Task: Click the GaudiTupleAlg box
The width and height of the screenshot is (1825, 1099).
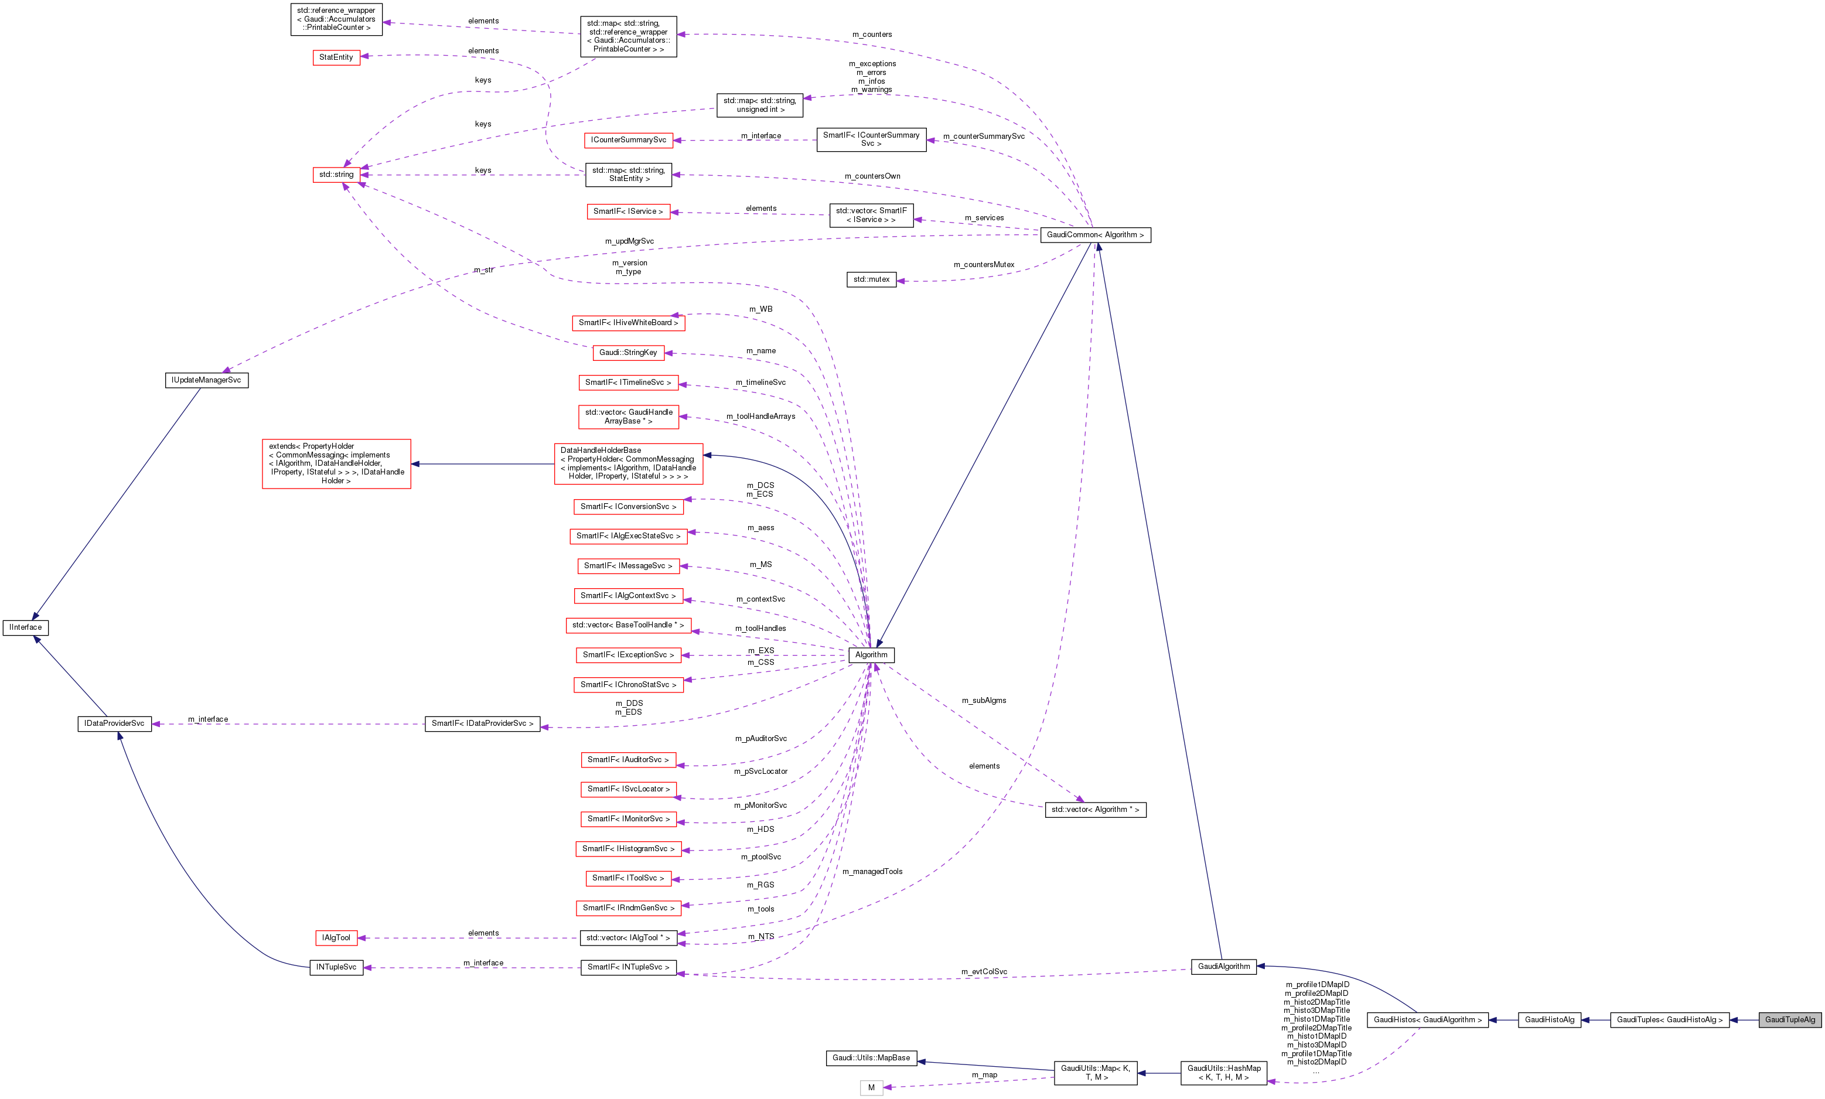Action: point(1789,1020)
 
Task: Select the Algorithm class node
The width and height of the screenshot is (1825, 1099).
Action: point(871,655)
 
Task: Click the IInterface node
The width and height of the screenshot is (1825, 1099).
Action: point(26,627)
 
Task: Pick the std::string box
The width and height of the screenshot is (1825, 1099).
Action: point(336,175)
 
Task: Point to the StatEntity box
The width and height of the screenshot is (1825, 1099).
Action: point(336,57)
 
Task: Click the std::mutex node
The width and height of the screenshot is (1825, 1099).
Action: point(871,279)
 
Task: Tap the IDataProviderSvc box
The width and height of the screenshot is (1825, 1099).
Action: point(114,723)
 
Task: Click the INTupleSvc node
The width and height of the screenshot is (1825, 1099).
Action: point(336,967)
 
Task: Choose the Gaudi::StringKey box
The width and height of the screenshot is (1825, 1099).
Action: point(628,353)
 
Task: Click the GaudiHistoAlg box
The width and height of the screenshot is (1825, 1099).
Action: point(1550,1020)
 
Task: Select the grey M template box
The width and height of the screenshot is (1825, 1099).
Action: point(871,1088)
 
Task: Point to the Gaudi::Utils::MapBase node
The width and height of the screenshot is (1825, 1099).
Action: point(871,1057)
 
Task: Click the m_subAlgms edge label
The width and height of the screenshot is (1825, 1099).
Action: point(984,701)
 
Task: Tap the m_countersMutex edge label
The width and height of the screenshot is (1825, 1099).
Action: point(984,264)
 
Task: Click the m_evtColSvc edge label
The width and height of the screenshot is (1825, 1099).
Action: point(984,972)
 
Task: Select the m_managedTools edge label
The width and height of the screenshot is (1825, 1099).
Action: point(872,872)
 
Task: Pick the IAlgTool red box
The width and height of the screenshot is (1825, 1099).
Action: point(336,937)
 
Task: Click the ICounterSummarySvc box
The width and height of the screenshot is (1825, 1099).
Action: point(628,140)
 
